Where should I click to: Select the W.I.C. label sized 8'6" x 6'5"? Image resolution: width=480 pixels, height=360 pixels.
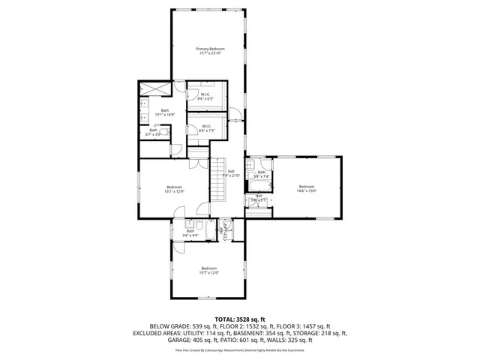point(204,94)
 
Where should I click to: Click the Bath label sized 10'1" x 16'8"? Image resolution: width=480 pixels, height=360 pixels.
point(164,111)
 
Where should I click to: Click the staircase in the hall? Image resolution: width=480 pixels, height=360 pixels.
point(218,180)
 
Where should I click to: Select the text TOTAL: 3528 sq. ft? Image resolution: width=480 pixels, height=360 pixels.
point(240,319)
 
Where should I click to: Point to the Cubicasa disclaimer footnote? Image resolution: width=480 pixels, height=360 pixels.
point(240,349)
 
